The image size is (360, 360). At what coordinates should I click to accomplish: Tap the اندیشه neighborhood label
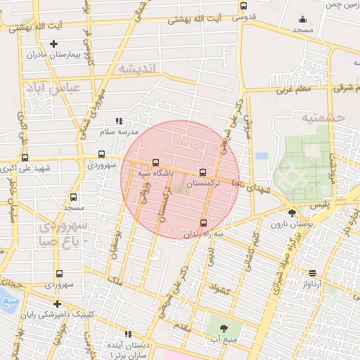pyautogui.click(x=141, y=68)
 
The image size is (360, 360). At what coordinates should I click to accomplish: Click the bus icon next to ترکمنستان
pyautogui.click(x=203, y=172)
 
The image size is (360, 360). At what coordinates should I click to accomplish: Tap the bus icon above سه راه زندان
pyautogui.click(x=204, y=224)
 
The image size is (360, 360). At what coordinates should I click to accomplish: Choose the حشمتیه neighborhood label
pyautogui.click(x=325, y=118)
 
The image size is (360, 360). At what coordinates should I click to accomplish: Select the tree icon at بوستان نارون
pyautogui.click(x=292, y=213)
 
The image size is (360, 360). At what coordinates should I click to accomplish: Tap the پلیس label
pyautogui.click(x=320, y=204)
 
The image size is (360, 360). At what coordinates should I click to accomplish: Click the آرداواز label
pyautogui.click(x=313, y=283)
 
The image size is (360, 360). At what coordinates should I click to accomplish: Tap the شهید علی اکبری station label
pyautogui.click(x=26, y=168)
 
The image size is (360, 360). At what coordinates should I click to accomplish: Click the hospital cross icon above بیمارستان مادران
pyautogui.click(x=53, y=44)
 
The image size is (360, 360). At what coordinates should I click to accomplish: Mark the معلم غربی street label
pyautogui.click(x=293, y=89)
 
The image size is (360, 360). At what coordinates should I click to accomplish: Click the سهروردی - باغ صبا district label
pyautogui.click(x=63, y=233)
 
